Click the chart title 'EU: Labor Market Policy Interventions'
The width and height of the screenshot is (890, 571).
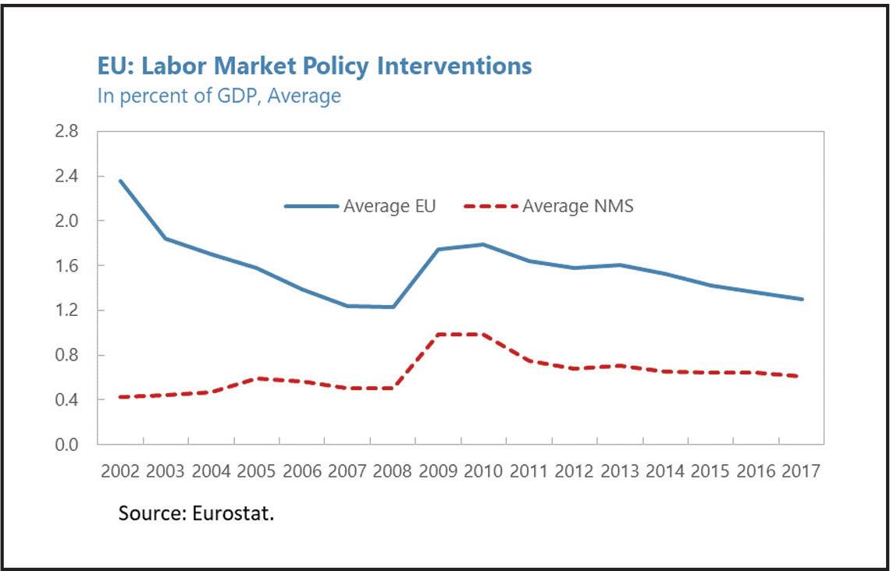(315, 66)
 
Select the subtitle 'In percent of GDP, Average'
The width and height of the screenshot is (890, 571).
(219, 96)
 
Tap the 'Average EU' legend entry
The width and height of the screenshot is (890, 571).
(360, 205)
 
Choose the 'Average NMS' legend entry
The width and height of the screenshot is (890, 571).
(548, 205)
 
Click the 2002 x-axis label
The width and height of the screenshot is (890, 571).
(119, 471)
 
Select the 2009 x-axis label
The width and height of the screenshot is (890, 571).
(438, 471)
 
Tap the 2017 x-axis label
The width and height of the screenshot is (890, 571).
(801, 471)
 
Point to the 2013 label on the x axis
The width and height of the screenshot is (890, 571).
(619, 471)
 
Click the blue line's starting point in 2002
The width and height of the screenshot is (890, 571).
(120, 181)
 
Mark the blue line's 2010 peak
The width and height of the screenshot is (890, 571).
(483, 244)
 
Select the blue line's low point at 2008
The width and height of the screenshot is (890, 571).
(392, 307)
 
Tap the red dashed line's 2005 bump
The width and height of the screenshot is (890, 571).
(257, 378)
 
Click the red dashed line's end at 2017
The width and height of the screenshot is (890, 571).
(800, 376)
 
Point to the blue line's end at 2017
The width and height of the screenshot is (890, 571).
(802, 299)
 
